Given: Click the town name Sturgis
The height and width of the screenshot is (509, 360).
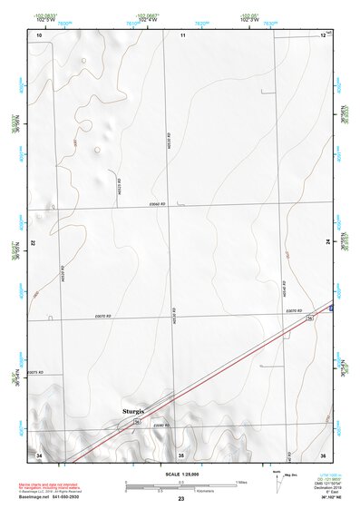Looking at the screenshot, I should click(x=133, y=411).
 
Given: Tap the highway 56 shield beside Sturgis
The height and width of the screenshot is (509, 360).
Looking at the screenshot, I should click(x=137, y=422).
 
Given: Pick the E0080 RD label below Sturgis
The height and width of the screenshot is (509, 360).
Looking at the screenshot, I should click(x=161, y=426).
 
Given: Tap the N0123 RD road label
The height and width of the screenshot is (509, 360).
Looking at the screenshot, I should click(x=121, y=185).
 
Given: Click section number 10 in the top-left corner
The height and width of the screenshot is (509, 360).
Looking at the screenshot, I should click(x=38, y=34).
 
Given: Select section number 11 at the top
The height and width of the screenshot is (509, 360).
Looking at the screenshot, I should click(x=182, y=34).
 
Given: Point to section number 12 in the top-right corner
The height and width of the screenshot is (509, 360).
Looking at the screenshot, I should click(x=323, y=34).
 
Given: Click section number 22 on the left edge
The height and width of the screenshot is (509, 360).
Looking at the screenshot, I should click(x=33, y=243).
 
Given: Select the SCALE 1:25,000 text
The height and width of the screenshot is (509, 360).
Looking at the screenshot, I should click(x=180, y=473).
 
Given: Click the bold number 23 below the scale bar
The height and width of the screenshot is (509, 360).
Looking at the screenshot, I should click(x=181, y=499).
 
